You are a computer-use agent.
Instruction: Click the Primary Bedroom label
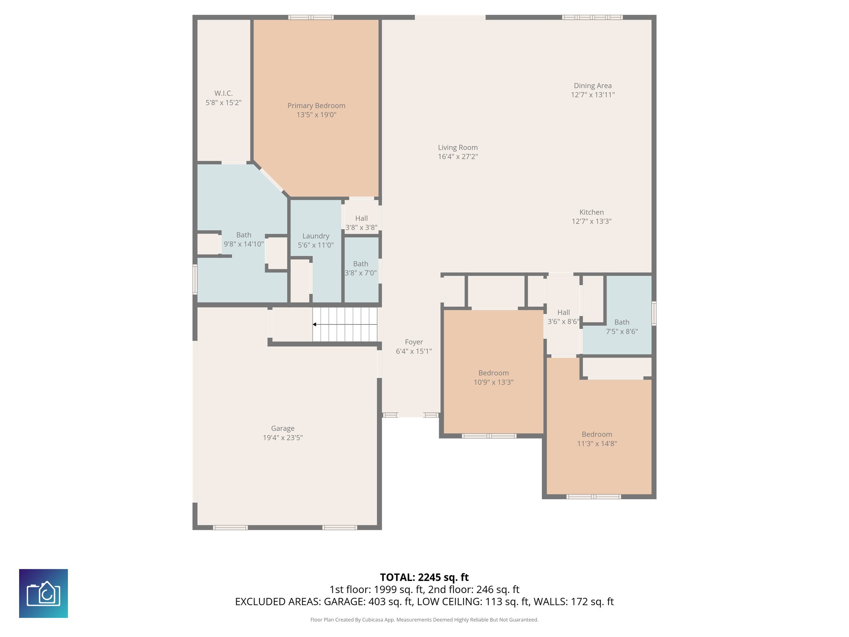(316, 106)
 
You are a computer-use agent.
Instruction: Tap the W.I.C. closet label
(223, 94)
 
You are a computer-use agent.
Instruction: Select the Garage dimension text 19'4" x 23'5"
(283, 438)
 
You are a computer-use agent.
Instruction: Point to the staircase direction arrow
(315, 324)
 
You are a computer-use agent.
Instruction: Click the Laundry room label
(315, 236)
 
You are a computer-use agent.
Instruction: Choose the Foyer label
(414, 342)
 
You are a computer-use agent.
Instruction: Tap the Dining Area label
(592, 86)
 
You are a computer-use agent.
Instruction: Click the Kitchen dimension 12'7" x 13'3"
(592, 221)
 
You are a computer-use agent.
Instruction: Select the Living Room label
(458, 148)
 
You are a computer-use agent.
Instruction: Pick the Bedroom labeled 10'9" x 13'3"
(493, 377)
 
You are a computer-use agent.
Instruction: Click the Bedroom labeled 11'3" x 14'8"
(597, 439)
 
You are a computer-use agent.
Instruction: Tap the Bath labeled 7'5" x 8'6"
(621, 327)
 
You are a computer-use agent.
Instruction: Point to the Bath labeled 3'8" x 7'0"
(361, 268)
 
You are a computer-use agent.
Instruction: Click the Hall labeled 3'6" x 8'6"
(563, 317)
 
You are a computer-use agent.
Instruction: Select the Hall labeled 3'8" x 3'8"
(361, 223)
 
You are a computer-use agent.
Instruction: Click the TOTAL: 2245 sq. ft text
(424, 577)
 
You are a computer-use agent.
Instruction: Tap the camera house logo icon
(44, 593)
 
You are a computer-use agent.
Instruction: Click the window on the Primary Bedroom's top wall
(311, 17)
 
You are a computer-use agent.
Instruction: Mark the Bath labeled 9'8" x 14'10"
(244, 239)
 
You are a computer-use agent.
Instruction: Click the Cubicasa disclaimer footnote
(424, 620)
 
